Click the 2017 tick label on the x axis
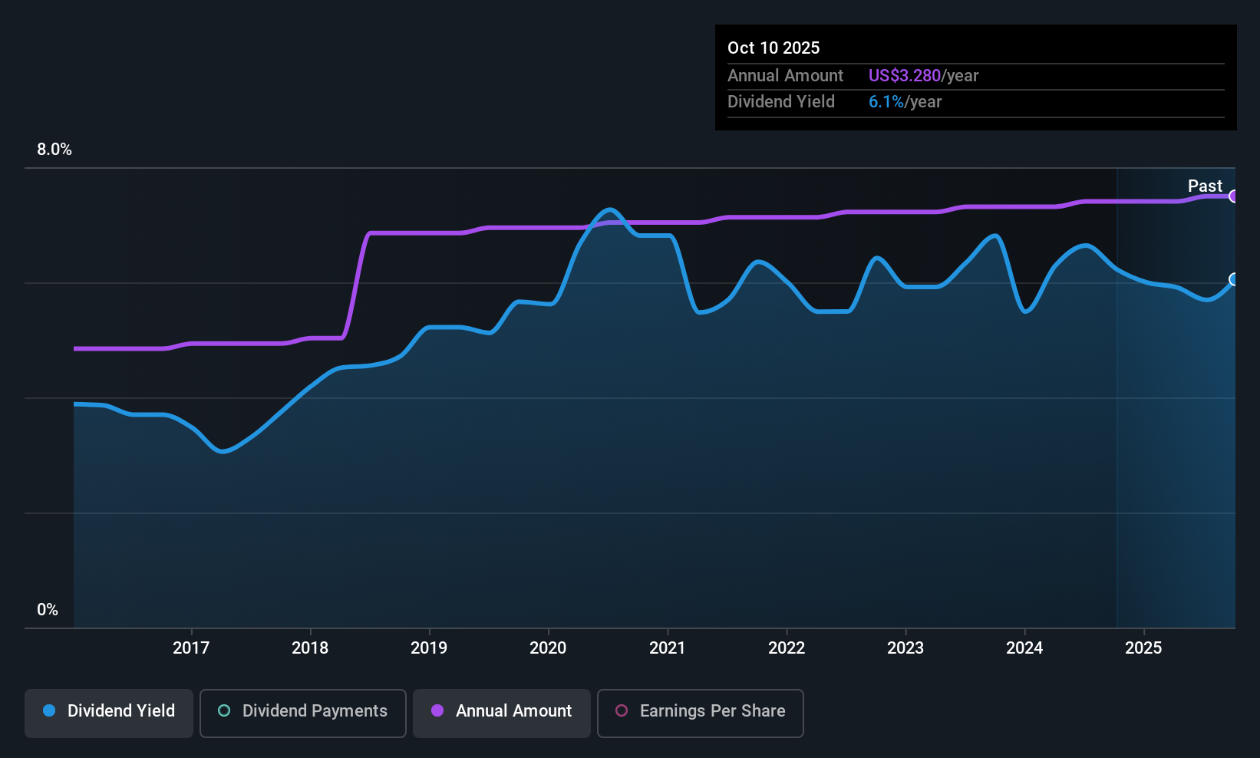(x=191, y=648)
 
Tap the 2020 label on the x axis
(x=548, y=648)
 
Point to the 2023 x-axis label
(x=905, y=648)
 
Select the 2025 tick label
(x=1143, y=648)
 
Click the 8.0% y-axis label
(x=54, y=150)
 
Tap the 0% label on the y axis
(x=48, y=610)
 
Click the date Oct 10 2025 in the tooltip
(x=773, y=48)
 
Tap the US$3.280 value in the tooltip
(x=904, y=76)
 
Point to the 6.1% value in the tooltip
(x=886, y=102)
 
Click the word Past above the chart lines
(x=1205, y=186)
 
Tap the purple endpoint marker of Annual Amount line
(x=1234, y=196)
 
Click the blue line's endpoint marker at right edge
(x=1234, y=279)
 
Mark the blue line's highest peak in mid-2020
(x=610, y=209)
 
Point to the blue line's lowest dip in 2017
(x=223, y=451)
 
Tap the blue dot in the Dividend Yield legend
(x=49, y=710)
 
